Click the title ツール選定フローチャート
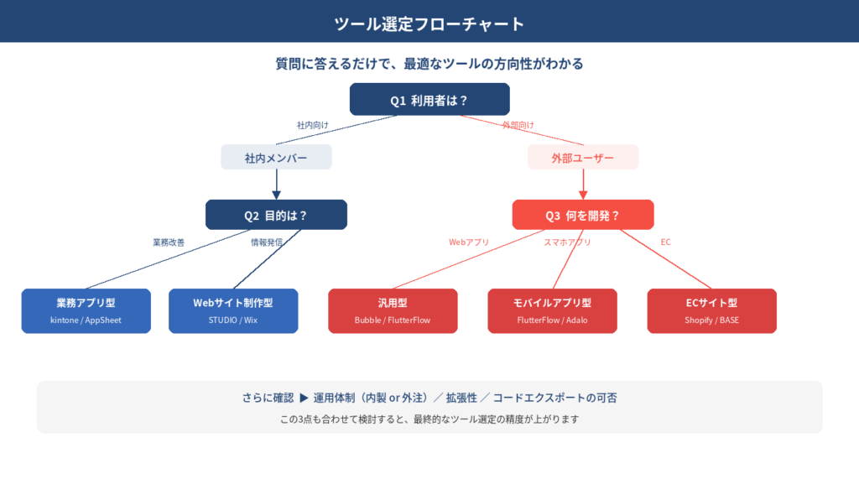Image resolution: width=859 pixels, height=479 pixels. pyautogui.click(x=429, y=23)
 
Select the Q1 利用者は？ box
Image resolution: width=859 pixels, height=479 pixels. pyautogui.click(x=429, y=100)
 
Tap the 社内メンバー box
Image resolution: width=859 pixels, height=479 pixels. pyautogui.click(x=276, y=158)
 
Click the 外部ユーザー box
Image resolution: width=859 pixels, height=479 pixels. pyautogui.click(x=583, y=158)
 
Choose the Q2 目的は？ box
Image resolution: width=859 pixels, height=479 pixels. pyautogui.click(x=276, y=215)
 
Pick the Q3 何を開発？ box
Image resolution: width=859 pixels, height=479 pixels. pyautogui.click(x=583, y=215)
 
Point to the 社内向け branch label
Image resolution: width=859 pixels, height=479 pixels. pyautogui.click(x=312, y=125)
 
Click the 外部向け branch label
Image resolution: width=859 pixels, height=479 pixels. pyautogui.click(x=518, y=125)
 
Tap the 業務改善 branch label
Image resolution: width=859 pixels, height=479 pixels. pyautogui.click(x=169, y=242)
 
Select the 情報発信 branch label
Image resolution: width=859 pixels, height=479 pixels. pyautogui.click(x=267, y=242)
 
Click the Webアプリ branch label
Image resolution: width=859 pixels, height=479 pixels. pyautogui.click(x=469, y=242)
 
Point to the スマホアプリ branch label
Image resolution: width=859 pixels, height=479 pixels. pyautogui.click(x=567, y=242)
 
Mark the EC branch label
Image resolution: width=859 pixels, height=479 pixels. pyautogui.click(x=665, y=242)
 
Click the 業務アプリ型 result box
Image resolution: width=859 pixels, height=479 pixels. pyautogui.click(x=86, y=311)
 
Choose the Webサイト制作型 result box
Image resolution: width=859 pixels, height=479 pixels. pyautogui.click(x=233, y=311)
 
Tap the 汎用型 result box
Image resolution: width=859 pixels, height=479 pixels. pyautogui.click(x=393, y=311)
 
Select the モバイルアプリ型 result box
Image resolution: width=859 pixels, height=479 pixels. pyautogui.click(x=552, y=311)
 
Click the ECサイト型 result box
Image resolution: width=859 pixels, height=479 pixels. pyautogui.click(x=711, y=311)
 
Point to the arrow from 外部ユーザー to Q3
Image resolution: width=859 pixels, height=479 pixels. pyautogui.click(x=583, y=185)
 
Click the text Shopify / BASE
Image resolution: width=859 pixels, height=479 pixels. pyautogui.click(x=711, y=320)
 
